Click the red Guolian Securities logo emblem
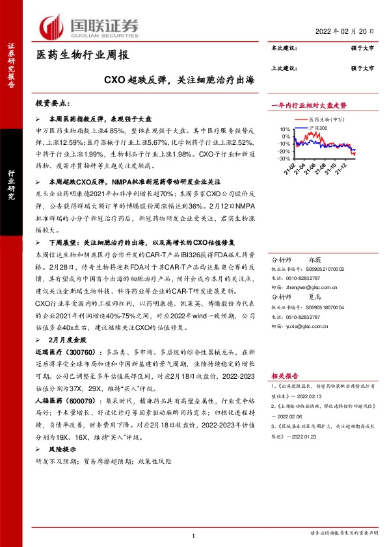click(53, 28)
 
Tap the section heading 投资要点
click(53, 104)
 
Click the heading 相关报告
click(284, 375)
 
